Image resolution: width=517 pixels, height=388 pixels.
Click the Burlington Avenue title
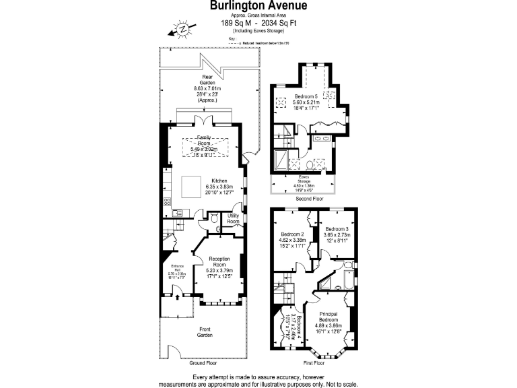258,6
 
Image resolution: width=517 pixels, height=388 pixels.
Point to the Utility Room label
234,218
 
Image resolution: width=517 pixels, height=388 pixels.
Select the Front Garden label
205,331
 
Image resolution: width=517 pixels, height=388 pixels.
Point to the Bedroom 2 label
293,234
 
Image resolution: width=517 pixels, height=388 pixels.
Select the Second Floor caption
310,199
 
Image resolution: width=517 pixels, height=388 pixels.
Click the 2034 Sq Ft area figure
279,22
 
